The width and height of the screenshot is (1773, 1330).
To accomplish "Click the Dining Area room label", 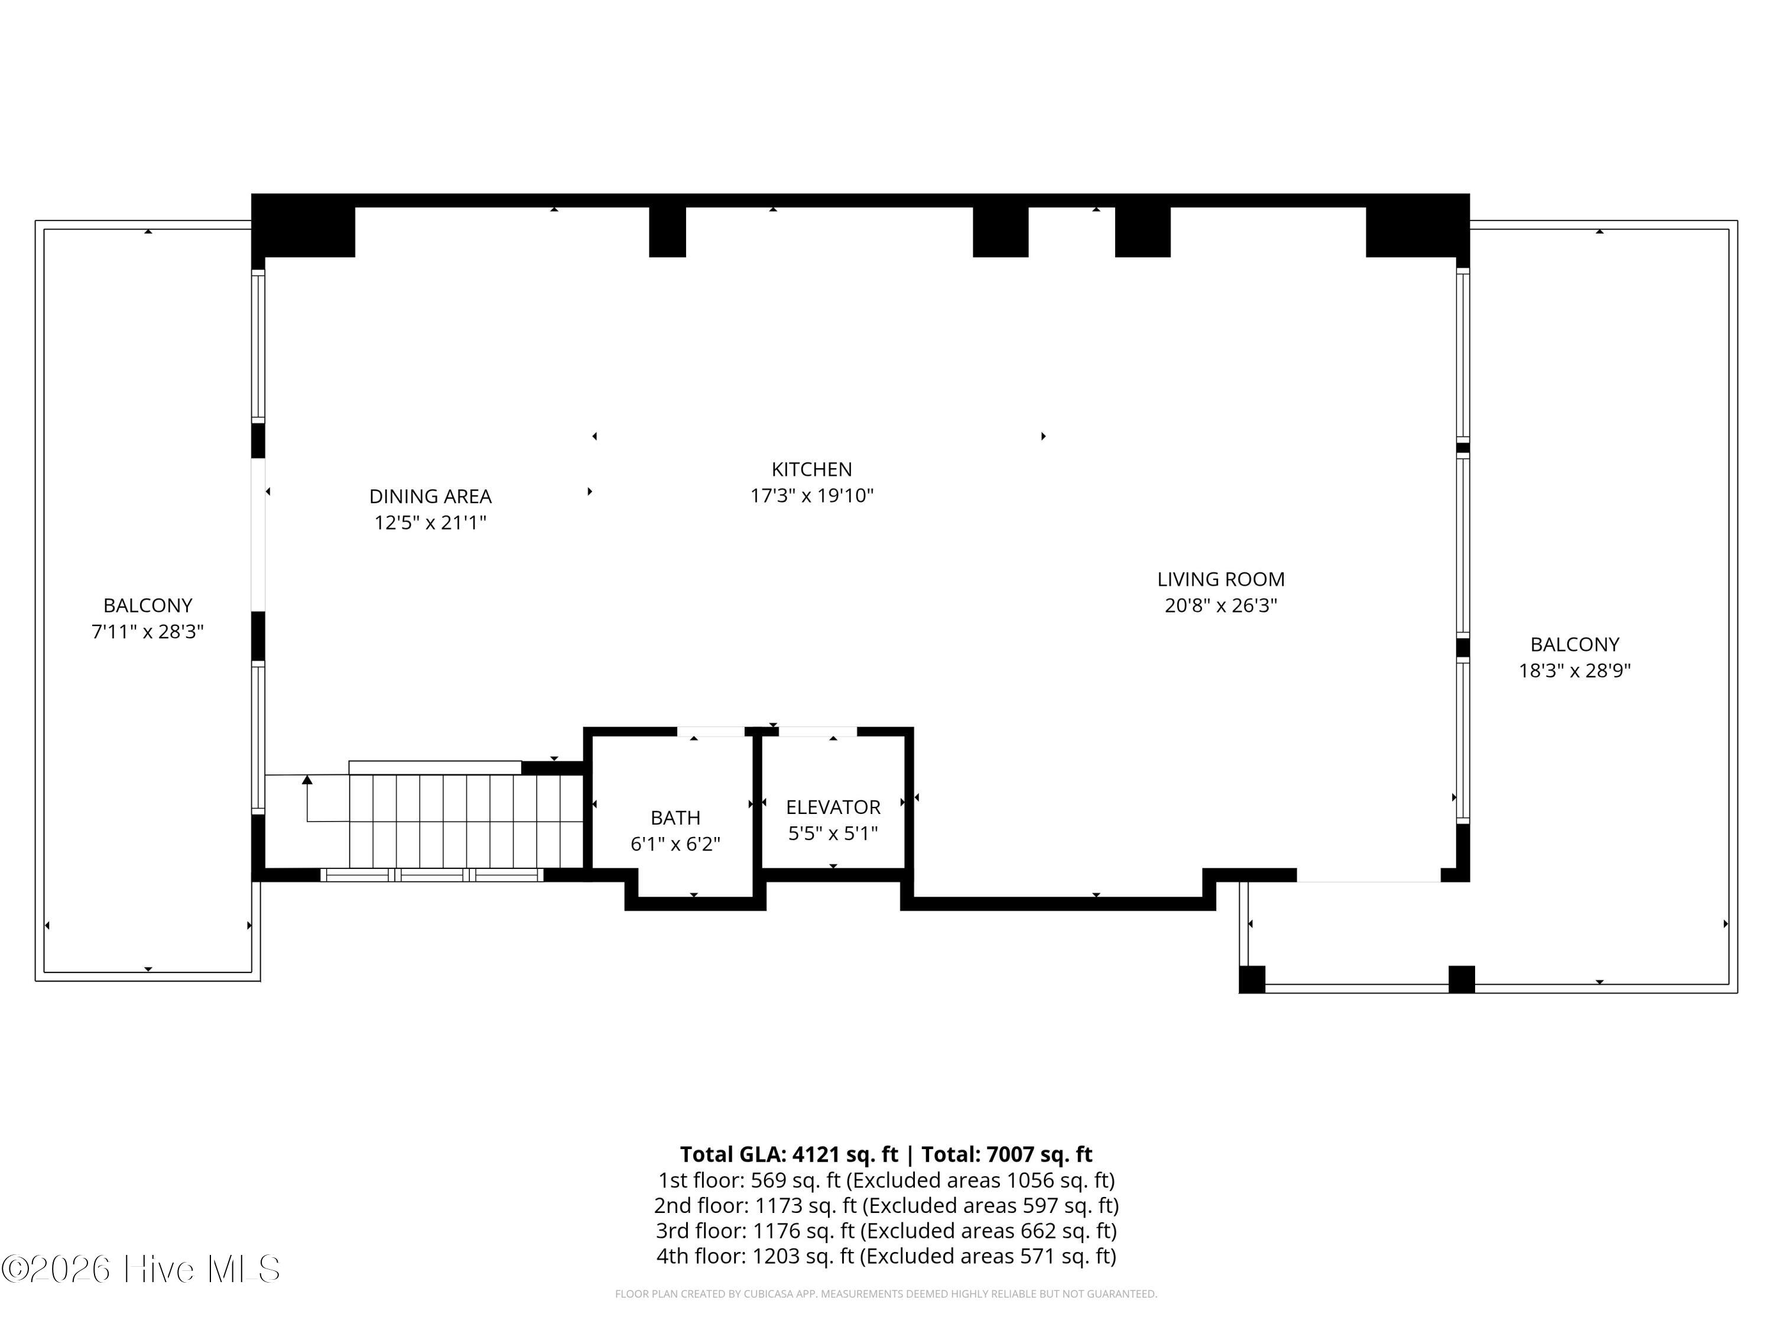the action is click(x=430, y=497).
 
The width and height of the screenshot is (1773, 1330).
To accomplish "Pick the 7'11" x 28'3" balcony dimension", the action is click(x=148, y=632).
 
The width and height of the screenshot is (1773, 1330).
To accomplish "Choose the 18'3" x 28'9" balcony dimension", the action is click(x=1574, y=671).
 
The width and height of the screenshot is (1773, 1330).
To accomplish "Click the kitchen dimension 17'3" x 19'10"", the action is click(x=811, y=495).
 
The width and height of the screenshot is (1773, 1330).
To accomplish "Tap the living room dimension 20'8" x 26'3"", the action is click(x=1221, y=605).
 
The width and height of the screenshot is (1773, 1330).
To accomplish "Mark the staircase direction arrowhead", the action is click(x=307, y=779).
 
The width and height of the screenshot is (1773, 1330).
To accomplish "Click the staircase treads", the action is click(x=466, y=821).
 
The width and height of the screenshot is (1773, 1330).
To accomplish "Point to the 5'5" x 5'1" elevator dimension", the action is click(x=833, y=833).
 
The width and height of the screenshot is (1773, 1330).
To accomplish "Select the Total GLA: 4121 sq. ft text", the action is click(x=789, y=1154).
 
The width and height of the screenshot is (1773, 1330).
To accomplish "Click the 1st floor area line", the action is click(x=886, y=1180).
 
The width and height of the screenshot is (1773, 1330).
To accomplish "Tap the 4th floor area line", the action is click(x=886, y=1256).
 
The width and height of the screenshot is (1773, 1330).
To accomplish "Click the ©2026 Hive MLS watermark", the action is click(x=141, y=1269).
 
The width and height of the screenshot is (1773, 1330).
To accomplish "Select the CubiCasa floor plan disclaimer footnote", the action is click(x=886, y=1294).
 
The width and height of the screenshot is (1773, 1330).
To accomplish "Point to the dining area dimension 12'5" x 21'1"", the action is click(x=430, y=523).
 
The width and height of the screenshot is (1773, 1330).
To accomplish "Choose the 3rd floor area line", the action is click(x=886, y=1231).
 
